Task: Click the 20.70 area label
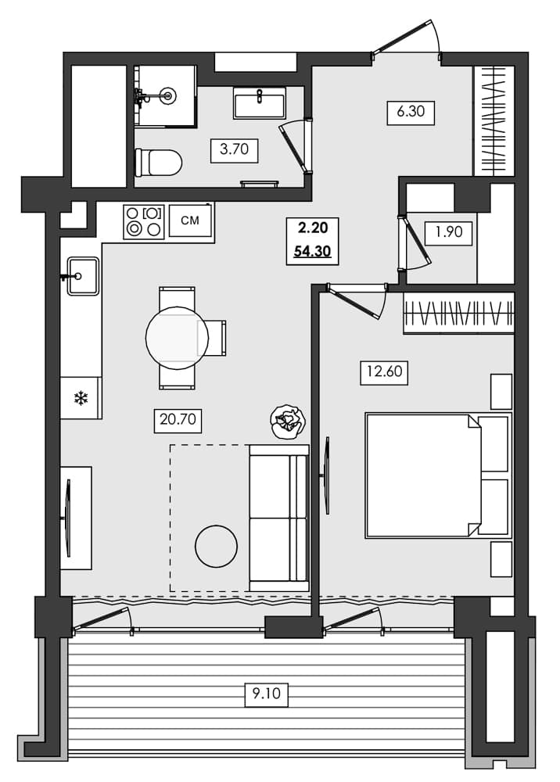tap(179, 421)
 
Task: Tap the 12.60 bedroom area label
tap(384, 371)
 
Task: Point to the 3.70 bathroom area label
tap(234, 150)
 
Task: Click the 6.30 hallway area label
tap(410, 112)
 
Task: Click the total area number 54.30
tap(311, 252)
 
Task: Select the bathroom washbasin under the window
tap(259, 102)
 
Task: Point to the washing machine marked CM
tap(190, 221)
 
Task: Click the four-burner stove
tap(143, 221)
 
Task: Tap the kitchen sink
tap(82, 276)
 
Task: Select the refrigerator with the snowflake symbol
tap(81, 398)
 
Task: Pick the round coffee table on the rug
tap(216, 546)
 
